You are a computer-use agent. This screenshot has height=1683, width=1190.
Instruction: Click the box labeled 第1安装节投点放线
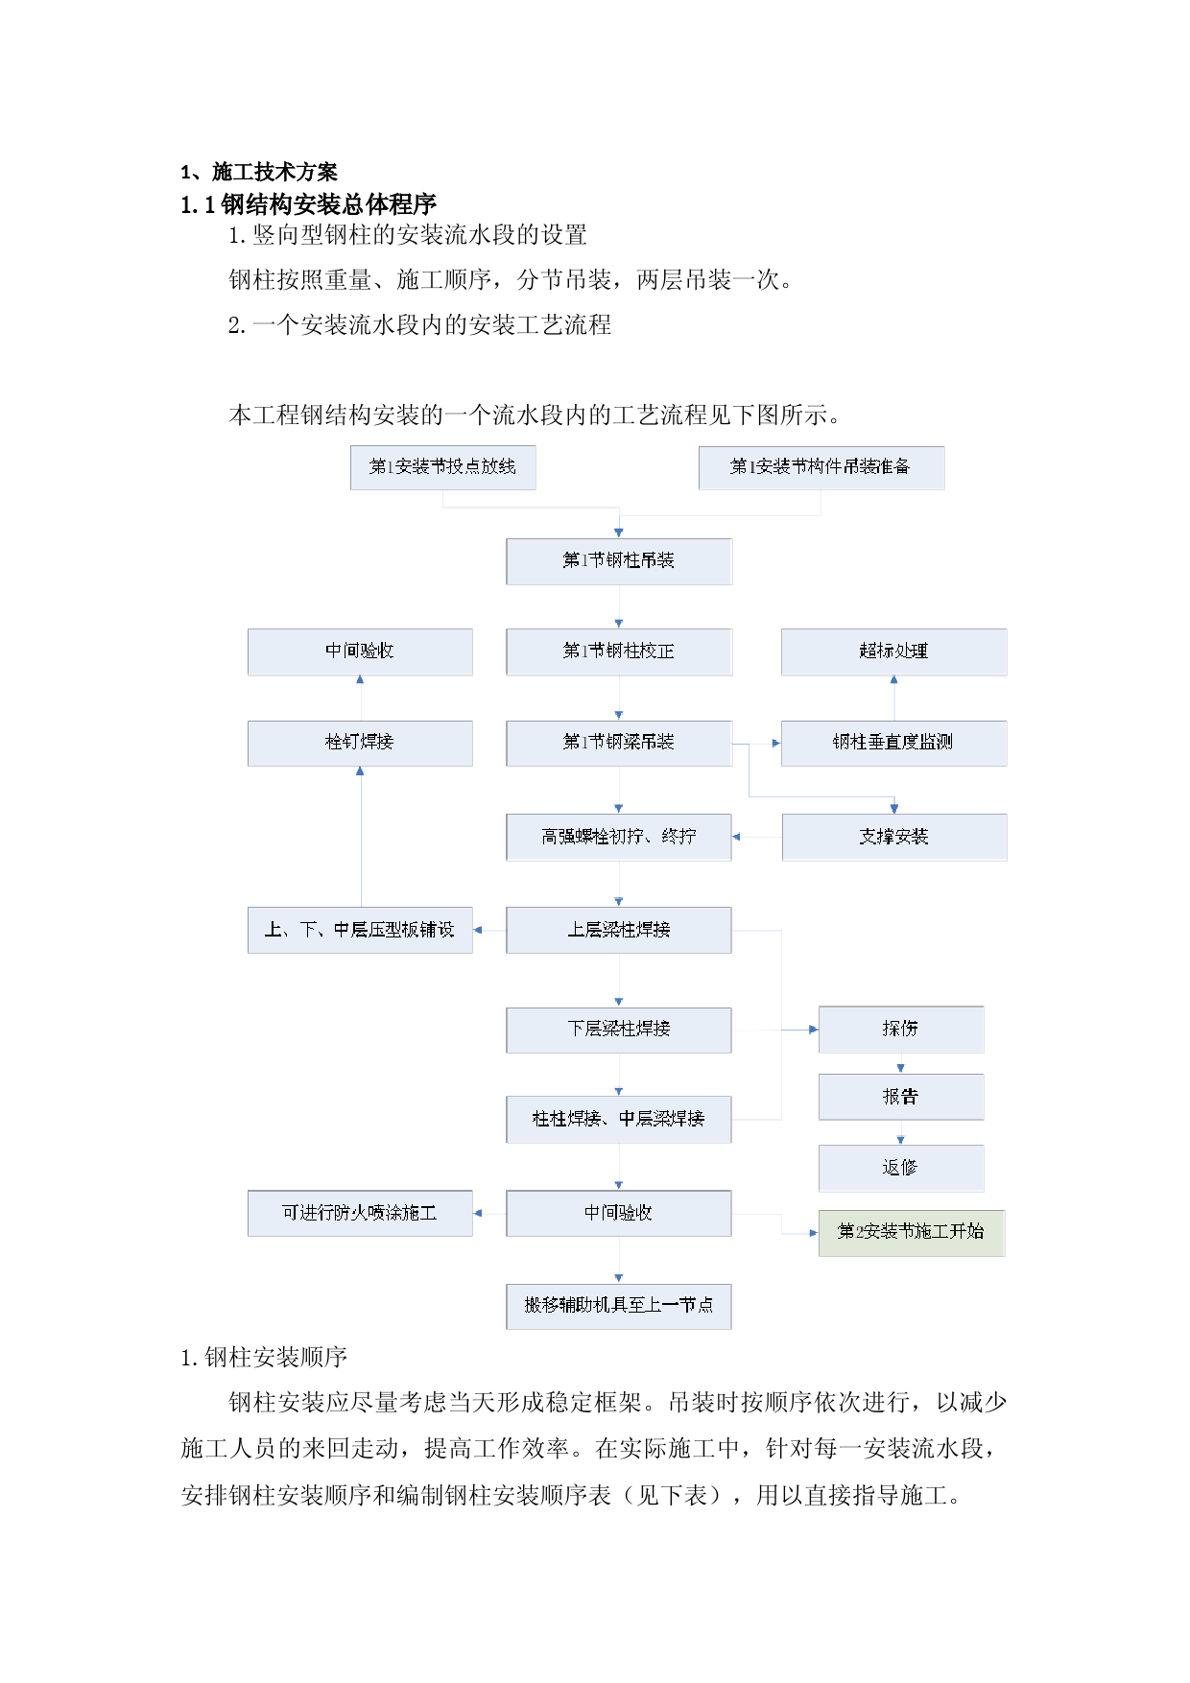click(442, 467)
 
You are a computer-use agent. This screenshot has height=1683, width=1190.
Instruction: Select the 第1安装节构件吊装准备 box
click(821, 467)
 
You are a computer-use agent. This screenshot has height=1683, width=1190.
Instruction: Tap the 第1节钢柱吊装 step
click(619, 561)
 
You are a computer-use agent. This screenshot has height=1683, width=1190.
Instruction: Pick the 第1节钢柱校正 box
click(619, 652)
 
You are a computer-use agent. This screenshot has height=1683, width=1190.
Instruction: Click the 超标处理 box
click(893, 652)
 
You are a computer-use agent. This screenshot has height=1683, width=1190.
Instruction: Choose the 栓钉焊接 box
click(360, 743)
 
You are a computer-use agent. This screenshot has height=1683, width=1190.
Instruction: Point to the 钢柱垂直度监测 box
click(893, 743)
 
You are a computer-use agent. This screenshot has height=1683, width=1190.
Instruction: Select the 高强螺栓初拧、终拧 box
click(619, 837)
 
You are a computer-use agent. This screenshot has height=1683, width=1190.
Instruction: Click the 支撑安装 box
click(894, 837)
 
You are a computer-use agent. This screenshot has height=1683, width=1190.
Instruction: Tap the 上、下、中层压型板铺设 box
click(360, 930)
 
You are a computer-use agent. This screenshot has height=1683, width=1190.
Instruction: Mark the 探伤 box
click(901, 1030)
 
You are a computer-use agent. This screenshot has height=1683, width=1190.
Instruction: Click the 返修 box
click(901, 1168)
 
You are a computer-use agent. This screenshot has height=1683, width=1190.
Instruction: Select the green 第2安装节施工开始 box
click(912, 1233)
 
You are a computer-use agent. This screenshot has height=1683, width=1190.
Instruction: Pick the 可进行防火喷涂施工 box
click(360, 1214)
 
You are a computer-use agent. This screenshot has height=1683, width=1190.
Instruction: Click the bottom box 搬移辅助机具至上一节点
click(619, 1306)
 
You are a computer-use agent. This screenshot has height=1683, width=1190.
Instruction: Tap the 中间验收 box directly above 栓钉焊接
click(360, 652)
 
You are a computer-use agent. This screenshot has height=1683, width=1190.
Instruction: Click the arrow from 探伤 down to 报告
click(900, 1063)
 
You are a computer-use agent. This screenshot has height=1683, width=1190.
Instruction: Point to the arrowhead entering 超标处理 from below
click(893, 679)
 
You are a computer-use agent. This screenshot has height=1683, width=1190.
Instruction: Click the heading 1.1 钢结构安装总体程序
click(309, 204)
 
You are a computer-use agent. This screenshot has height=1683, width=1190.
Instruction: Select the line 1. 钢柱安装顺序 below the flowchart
click(264, 1357)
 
